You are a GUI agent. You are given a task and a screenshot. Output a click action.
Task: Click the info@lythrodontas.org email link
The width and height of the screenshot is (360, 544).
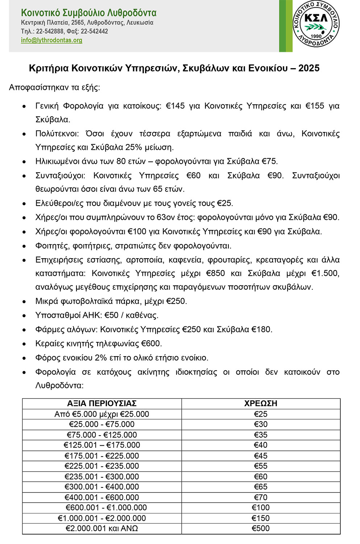(51, 40)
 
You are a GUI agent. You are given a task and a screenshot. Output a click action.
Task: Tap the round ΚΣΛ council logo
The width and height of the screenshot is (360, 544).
(316, 24)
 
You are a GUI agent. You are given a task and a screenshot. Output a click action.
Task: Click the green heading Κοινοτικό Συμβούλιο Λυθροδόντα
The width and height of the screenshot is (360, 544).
(88, 13)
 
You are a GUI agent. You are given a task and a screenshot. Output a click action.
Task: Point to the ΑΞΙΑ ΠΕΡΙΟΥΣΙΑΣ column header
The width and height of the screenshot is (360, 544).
(102, 403)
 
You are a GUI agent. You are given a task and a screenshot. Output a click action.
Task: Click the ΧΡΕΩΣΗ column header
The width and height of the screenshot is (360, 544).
(261, 403)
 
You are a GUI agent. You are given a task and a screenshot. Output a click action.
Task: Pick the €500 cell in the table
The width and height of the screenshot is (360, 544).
(261, 528)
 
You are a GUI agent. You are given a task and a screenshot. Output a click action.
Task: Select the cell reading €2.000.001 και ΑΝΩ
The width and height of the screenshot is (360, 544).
(102, 528)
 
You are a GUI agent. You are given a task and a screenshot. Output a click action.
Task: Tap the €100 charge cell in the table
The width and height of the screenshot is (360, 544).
(261, 507)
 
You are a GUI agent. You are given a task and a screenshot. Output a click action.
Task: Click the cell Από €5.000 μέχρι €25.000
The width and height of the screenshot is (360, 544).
(102, 414)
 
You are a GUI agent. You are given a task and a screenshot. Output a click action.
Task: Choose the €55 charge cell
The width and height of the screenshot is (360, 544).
(261, 466)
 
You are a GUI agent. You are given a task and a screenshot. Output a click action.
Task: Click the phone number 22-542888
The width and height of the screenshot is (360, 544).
(50, 31)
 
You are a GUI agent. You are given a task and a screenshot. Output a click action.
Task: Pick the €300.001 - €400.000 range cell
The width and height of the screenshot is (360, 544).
(102, 487)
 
